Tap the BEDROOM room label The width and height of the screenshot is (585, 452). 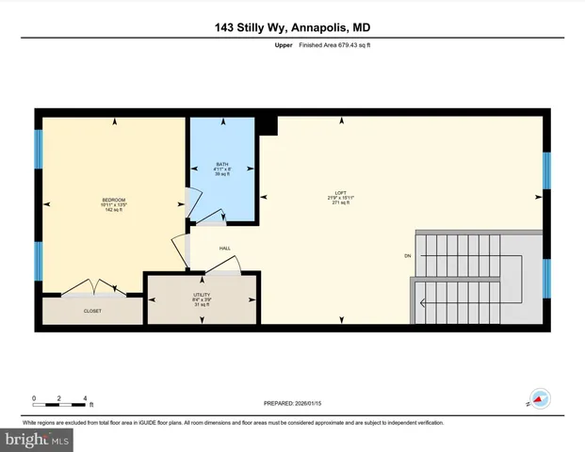114,200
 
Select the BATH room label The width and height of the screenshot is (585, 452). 222,164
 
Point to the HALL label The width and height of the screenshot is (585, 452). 225,249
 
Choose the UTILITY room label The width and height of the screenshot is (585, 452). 200,296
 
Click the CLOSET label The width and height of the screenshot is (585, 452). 92,311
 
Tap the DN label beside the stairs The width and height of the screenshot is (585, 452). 407,255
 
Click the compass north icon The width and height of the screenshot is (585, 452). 539,399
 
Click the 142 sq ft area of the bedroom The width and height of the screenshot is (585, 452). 114,209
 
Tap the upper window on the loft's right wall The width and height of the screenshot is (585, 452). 545,171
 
